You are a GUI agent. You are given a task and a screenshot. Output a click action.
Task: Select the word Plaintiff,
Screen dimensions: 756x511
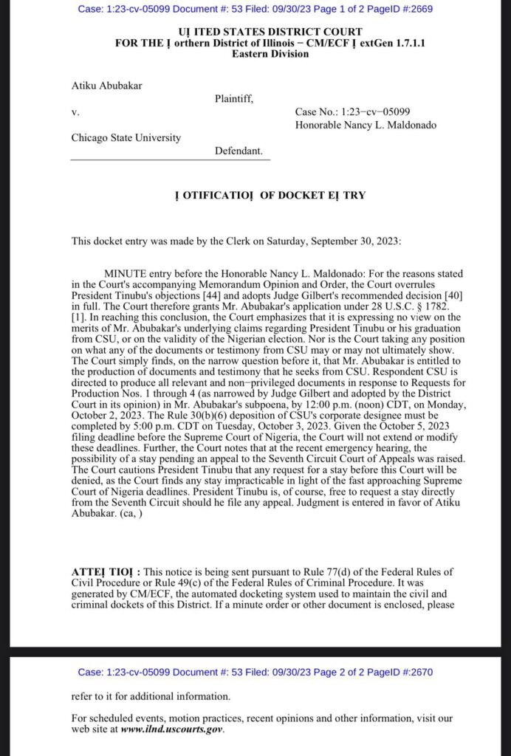(234, 99)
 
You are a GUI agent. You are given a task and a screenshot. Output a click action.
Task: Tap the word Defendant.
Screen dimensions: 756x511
(239, 151)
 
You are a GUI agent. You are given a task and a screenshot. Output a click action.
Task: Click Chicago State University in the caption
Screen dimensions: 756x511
(126, 137)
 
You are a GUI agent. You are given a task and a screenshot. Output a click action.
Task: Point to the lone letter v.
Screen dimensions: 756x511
(75, 112)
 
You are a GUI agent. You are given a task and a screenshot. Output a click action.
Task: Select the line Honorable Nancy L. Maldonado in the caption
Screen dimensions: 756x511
(366, 125)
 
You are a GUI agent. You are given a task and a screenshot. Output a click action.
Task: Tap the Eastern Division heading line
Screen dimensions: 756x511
(261, 53)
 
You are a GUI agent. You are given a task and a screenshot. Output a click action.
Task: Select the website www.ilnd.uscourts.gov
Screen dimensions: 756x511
(171, 729)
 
